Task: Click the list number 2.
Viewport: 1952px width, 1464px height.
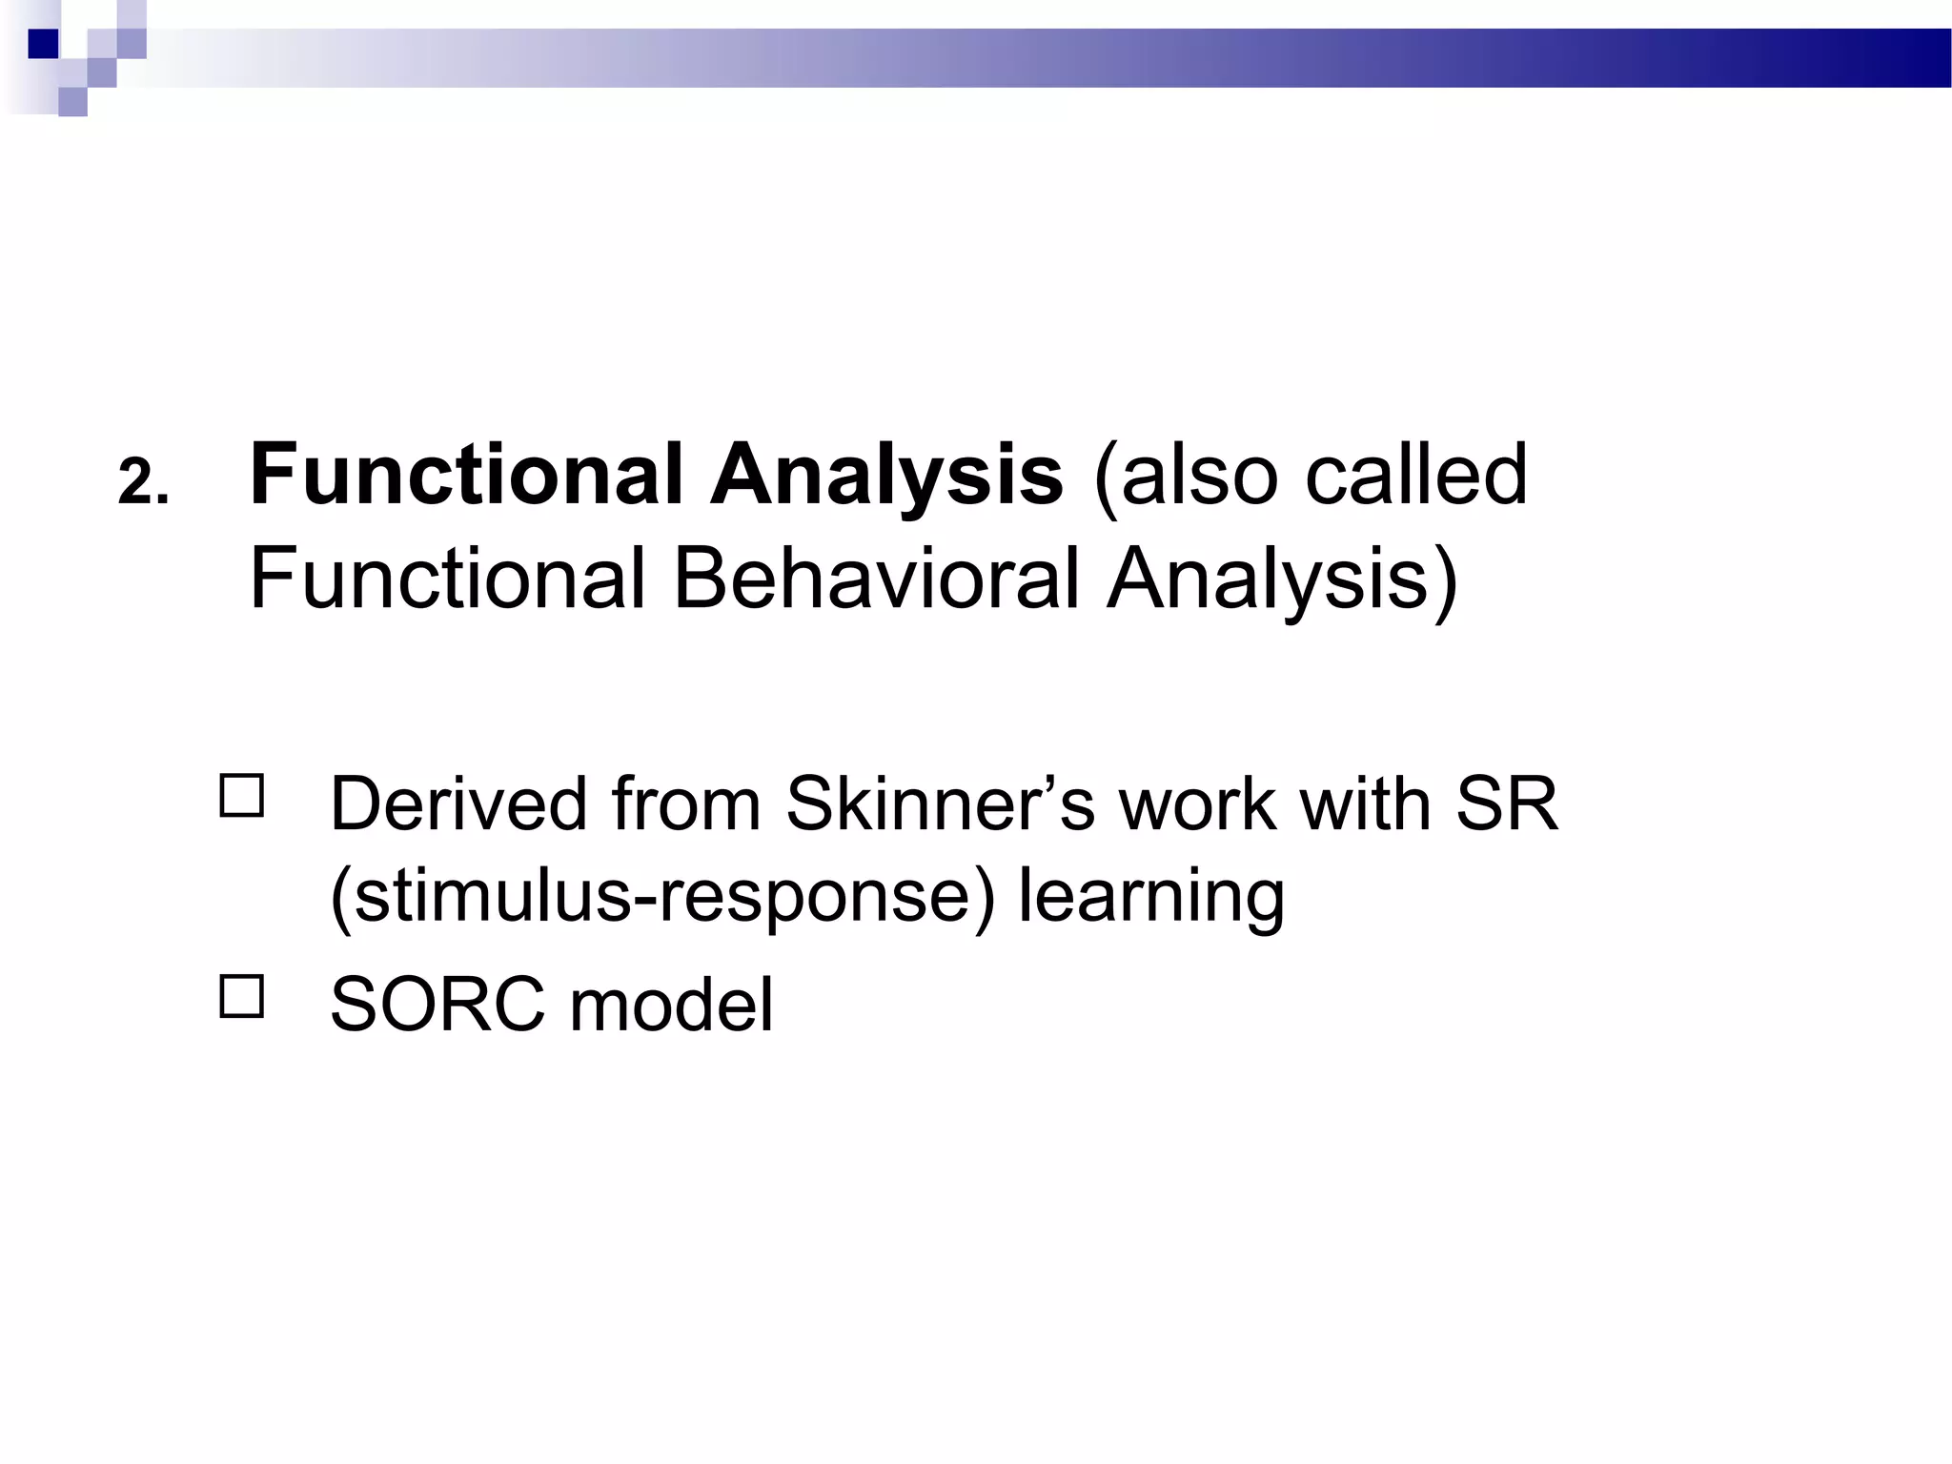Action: (x=143, y=482)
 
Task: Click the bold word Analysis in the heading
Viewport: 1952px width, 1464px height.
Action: (x=885, y=475)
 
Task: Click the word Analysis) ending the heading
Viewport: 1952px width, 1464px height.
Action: (x=1283, y=579)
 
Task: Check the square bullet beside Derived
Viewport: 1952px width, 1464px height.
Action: (x=242, y=796)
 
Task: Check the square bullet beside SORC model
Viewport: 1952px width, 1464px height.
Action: (x=242, y=997)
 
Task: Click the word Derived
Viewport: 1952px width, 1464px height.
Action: (x=458, y=804)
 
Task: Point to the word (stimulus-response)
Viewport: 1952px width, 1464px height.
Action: (x=662, y=896)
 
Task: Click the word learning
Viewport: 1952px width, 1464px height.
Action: (x=1151, y=896)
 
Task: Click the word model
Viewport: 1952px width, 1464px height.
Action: (x=672, y=1005)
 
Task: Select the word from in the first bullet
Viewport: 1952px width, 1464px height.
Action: (x=685, y=804)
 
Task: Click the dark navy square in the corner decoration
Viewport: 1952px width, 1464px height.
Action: (x=44, y=44)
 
